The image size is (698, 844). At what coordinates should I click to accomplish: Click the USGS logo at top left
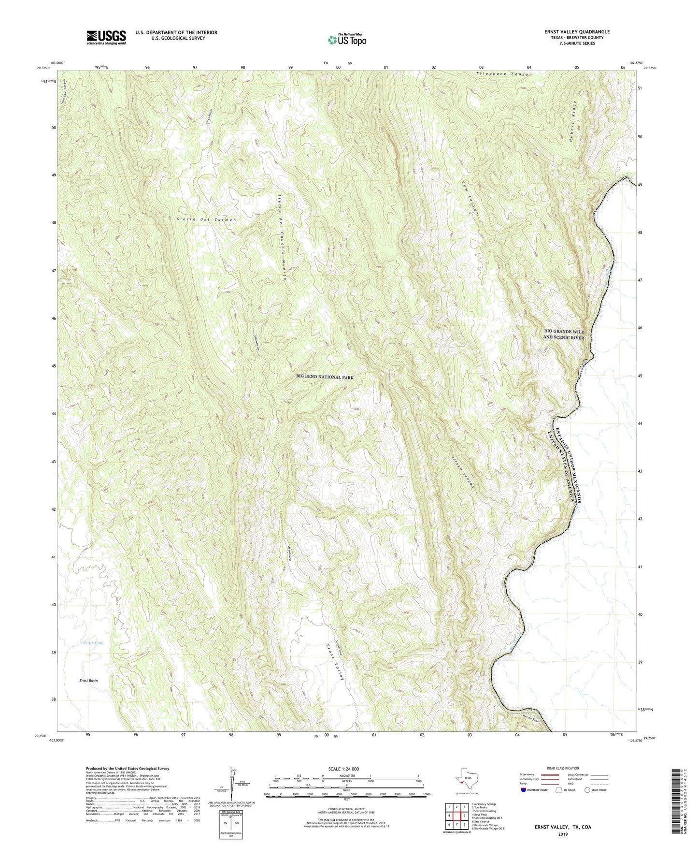[x=106, y=37]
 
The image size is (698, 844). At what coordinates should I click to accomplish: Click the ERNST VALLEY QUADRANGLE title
[x=570, y=32]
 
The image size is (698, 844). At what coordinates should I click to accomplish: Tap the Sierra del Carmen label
[x=207, y=219]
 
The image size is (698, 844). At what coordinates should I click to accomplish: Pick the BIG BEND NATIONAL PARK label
[x=328, y=377]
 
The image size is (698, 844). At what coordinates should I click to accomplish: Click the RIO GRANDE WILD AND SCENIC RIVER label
[x=563, y=335]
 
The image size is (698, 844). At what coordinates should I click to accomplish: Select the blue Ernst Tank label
[x=93, y=643]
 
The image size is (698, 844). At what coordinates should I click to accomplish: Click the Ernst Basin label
[x=88, y=681]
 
